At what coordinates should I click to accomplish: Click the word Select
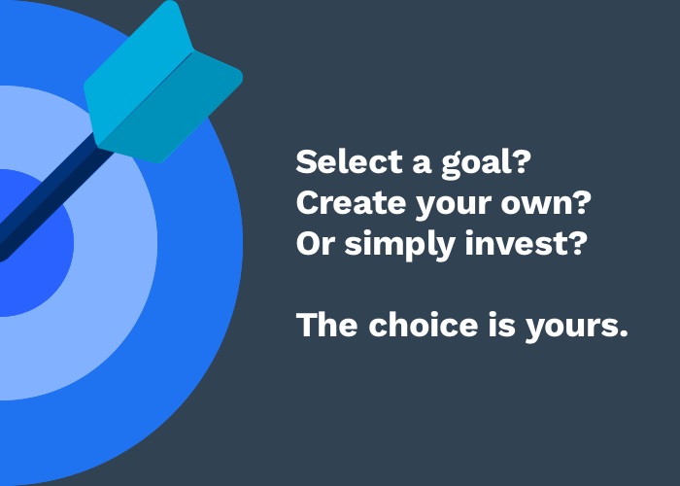349,161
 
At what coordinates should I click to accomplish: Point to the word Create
351,202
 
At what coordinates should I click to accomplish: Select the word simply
400,245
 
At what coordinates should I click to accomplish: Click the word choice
424,325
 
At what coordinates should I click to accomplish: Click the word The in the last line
326,325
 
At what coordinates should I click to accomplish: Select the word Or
315,243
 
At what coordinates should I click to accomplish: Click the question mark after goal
521,161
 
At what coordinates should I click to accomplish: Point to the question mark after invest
576,243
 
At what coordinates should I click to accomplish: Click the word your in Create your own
453,206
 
